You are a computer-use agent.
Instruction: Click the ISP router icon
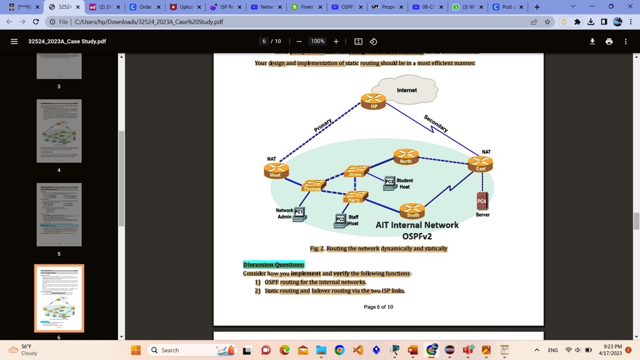point(373,101)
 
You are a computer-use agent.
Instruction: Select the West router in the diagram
point(276,169)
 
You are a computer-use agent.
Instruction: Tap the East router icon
point(480,164)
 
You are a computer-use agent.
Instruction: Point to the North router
point(406,156)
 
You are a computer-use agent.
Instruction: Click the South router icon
point(412,211)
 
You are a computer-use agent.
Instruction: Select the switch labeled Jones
point(356,171)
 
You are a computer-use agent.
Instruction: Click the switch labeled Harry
point(354,196)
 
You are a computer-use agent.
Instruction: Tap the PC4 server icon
point(482,200)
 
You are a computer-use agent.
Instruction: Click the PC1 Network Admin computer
point(299,214)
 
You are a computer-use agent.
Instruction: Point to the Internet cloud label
point(407,90)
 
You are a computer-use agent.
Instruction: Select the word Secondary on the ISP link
point(436,123)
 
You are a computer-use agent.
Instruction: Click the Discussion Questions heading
point(274,264)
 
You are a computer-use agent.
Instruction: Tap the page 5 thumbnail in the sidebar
point(59,214)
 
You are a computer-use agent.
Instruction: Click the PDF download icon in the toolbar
point(592,41)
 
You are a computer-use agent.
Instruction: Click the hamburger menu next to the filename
point(14,41)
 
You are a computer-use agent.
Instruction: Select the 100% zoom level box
point(317,41)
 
